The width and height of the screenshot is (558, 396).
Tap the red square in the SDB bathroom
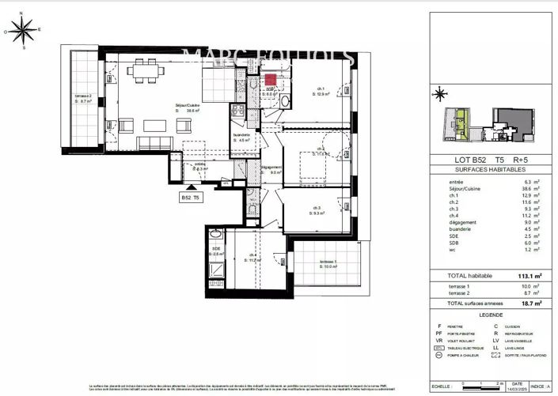(270, 80)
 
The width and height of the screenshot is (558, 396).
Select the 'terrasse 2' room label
(83, 96)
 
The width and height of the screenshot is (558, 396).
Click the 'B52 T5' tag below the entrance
(192, 198)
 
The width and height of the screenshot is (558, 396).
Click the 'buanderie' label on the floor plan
(241, 135)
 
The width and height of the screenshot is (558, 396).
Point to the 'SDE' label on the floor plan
(215, 249)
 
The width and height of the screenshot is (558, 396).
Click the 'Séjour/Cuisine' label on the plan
(188, 104)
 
